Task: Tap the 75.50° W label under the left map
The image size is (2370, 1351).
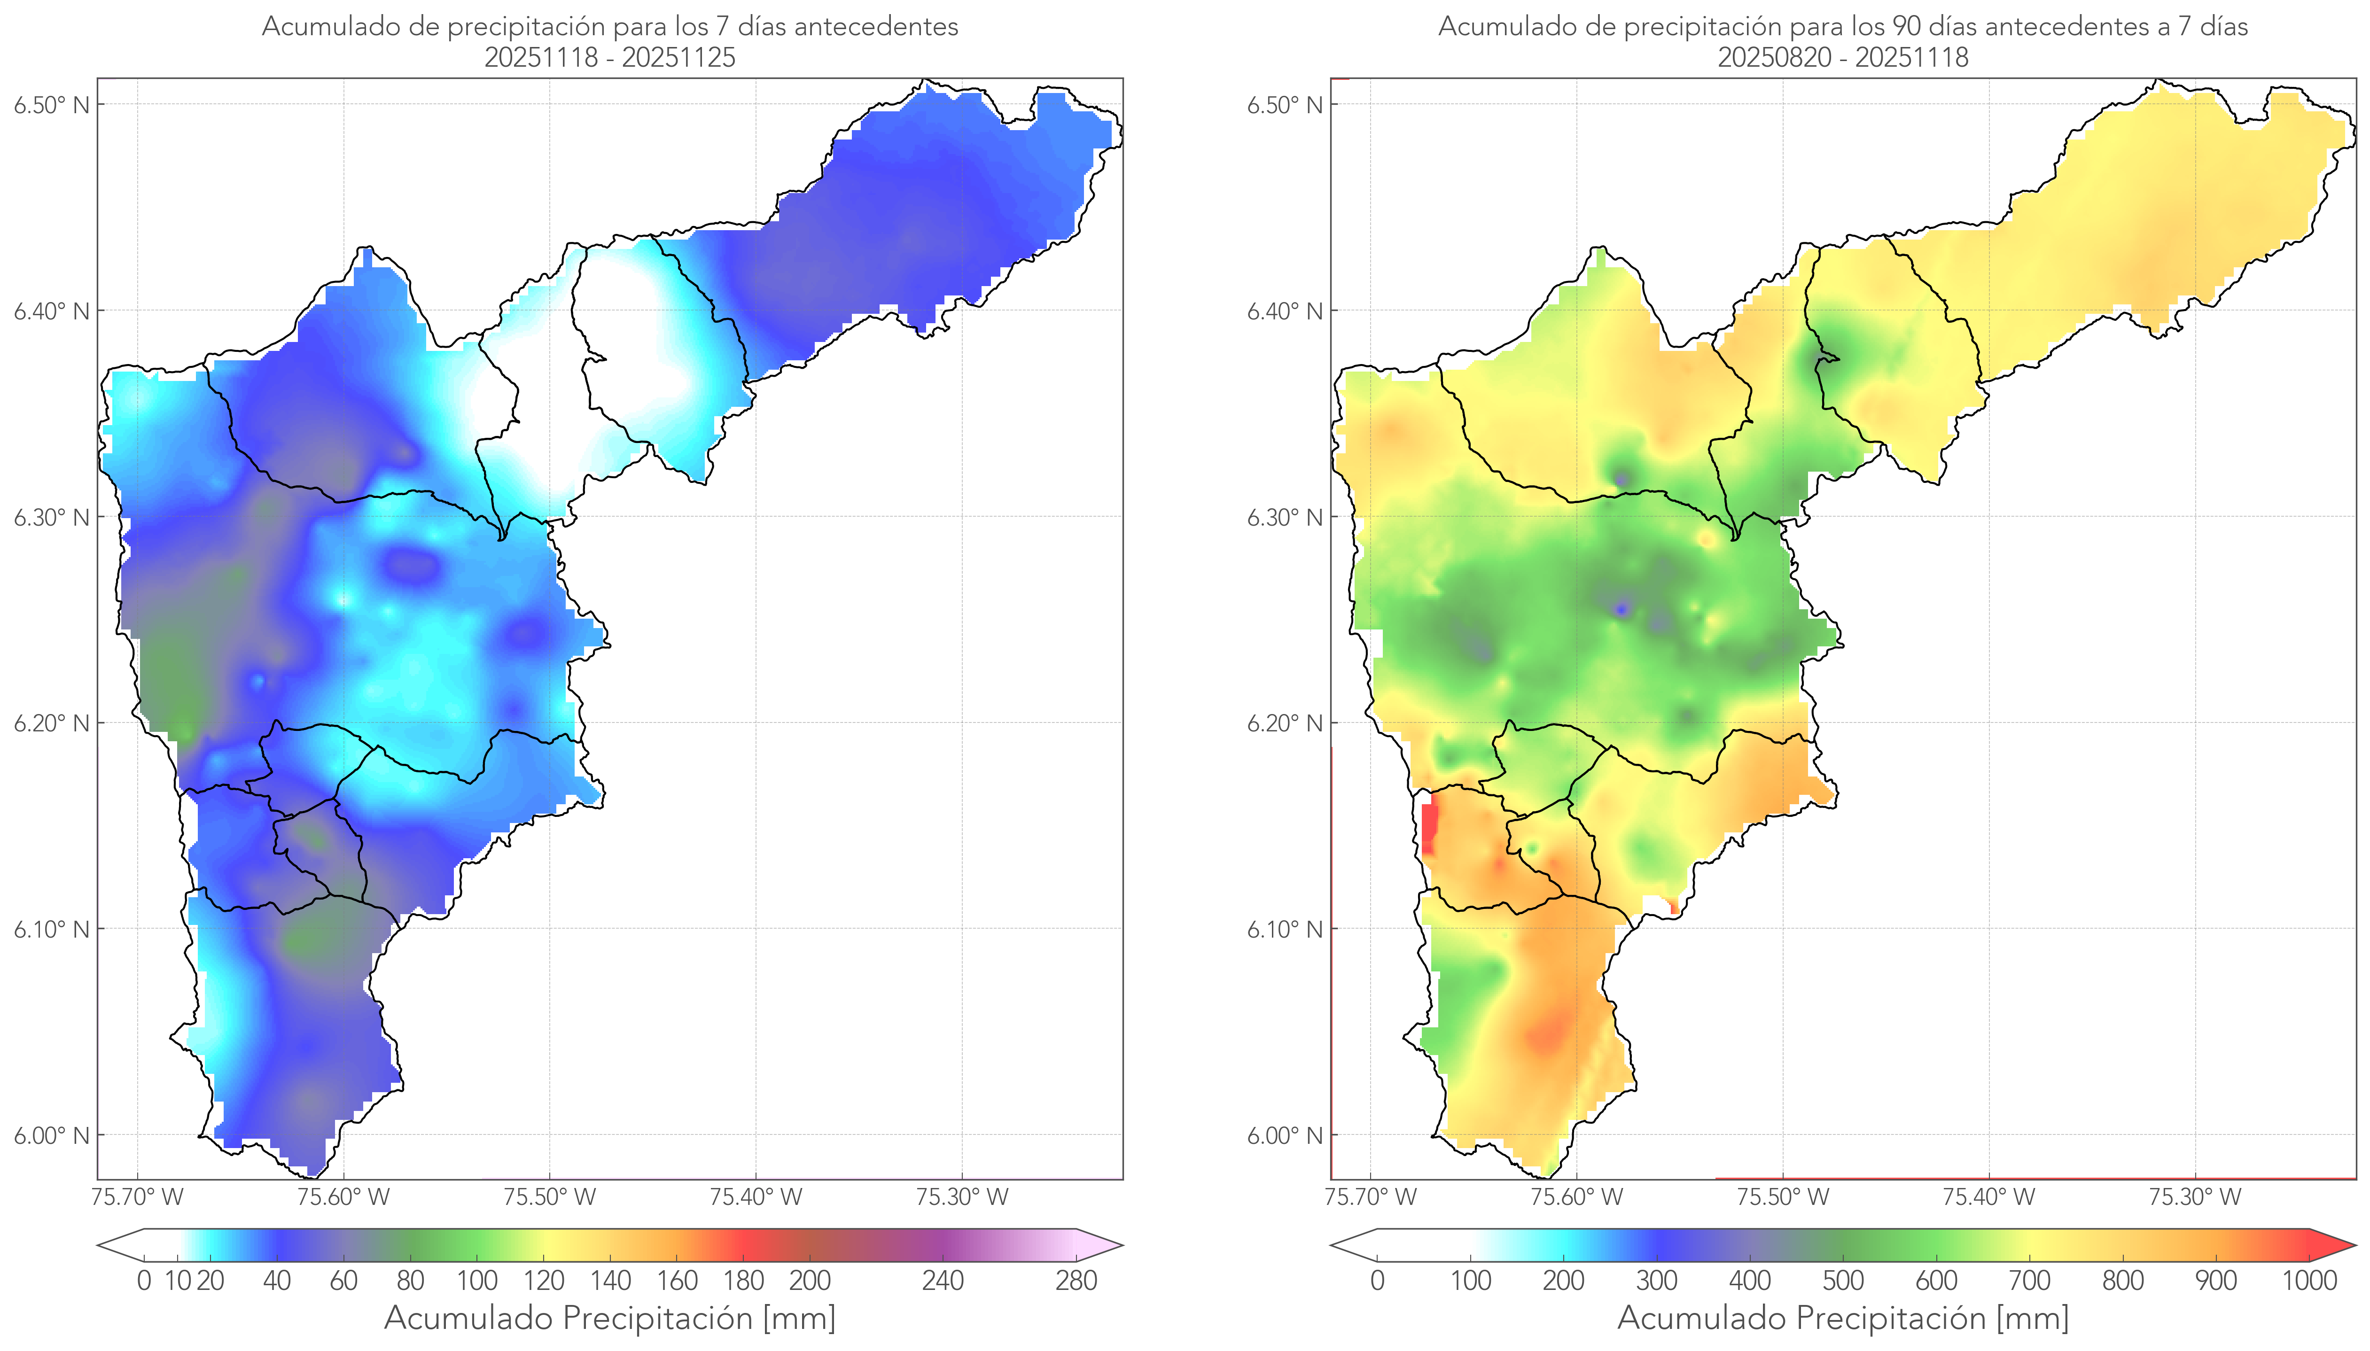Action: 549,1197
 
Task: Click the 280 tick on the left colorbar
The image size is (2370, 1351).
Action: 1076,1281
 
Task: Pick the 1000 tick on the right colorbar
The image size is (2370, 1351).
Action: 2309,1281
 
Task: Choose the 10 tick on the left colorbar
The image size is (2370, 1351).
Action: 177,1281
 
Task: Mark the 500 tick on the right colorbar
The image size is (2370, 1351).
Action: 1843,1281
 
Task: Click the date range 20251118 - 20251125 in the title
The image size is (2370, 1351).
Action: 610,57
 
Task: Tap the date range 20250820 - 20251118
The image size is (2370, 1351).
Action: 1843,57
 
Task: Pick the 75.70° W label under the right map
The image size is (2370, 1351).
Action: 1371,1197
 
